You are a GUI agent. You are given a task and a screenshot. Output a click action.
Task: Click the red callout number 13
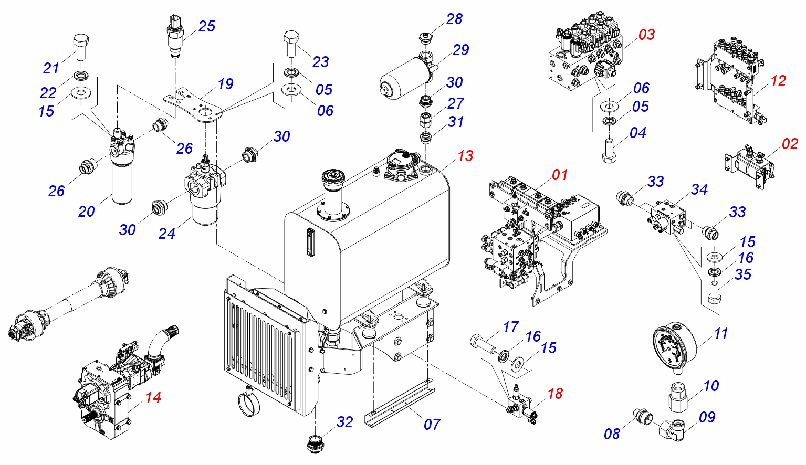[x=465, y=156]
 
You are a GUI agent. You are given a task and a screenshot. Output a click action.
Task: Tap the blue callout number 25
[x=207, y=26]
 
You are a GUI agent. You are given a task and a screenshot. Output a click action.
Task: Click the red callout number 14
[x=153, y=397]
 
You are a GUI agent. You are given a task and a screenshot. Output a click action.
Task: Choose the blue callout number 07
[x=432, y=425]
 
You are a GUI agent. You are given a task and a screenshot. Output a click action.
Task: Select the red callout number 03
[x=646, y=35]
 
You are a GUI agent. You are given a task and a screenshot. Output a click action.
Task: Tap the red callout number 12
[x=778, y=81]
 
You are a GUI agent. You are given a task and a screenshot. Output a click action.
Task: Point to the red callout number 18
[x=555, y=394]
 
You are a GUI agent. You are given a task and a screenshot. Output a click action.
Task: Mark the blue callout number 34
[x=699, y=189]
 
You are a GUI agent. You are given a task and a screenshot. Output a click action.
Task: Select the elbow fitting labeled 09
[x=672, y=430]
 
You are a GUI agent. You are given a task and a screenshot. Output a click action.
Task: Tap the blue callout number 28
[x=454, y=19]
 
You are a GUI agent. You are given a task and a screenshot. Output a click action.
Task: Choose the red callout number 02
[x=790, y=144]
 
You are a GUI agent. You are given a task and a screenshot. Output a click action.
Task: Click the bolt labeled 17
[x=483, y=343]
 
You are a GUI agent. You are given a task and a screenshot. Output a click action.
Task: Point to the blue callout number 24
[x=167, y=234]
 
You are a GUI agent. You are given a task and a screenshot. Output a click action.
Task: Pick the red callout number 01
[x=560, y=175]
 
